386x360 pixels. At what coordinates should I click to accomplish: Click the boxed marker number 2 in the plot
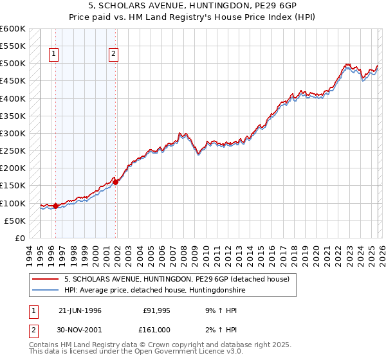[x=113, y=55]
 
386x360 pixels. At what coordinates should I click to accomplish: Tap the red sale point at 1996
[x=56, y=206]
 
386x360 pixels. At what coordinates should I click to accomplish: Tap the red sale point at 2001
[x=116, y=182]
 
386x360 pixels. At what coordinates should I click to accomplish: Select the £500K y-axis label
[x=13, y=64]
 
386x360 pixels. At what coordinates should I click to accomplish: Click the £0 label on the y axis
[x=20, y=238]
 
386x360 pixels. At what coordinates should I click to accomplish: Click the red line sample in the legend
[x=45, y=279]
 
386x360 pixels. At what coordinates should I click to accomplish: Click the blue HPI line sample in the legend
[x=45, y=291]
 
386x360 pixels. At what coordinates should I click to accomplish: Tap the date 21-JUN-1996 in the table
[x=80, y=309]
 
